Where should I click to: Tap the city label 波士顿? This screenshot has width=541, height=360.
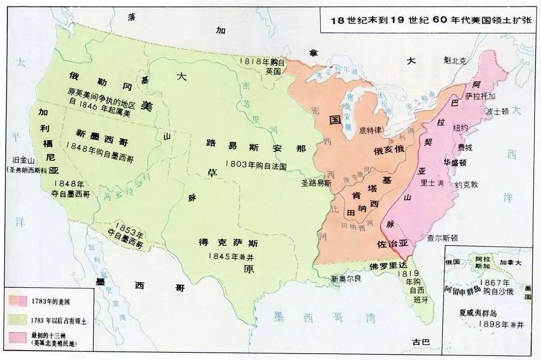point(498,110)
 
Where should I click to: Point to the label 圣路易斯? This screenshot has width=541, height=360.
point(316,183)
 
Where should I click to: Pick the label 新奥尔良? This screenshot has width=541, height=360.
point(346,279)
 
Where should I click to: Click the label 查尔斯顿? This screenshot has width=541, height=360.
point(443,238)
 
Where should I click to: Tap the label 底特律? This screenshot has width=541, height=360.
point(371,130)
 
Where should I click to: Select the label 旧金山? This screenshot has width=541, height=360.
point(23,160)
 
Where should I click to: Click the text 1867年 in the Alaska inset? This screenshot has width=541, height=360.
point(495,283)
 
